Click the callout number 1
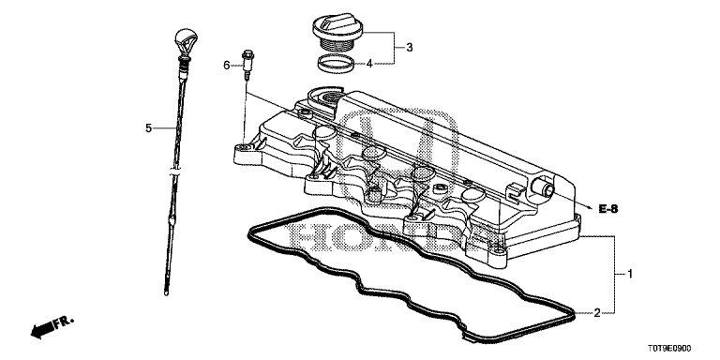(630, 274)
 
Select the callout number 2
(597, 313)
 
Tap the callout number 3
(409, 47)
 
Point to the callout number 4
(369, 64)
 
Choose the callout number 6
(226, 66)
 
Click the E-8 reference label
(608, 209)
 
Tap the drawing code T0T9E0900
(669, 349)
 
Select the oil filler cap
(338, 33)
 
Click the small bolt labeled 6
(247, 66)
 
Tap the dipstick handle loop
(183, 44)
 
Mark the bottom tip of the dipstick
(166, 292)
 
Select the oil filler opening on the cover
(329, 97)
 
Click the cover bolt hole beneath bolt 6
(245, 147)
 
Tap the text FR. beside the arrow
(64, 322)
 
